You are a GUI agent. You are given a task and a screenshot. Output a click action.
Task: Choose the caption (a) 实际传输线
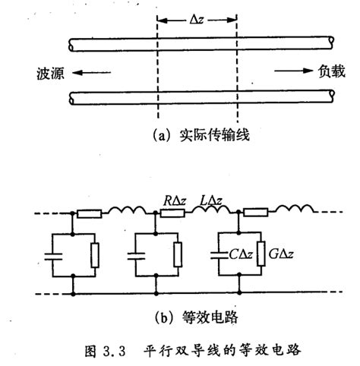click(x=196, y=137)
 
